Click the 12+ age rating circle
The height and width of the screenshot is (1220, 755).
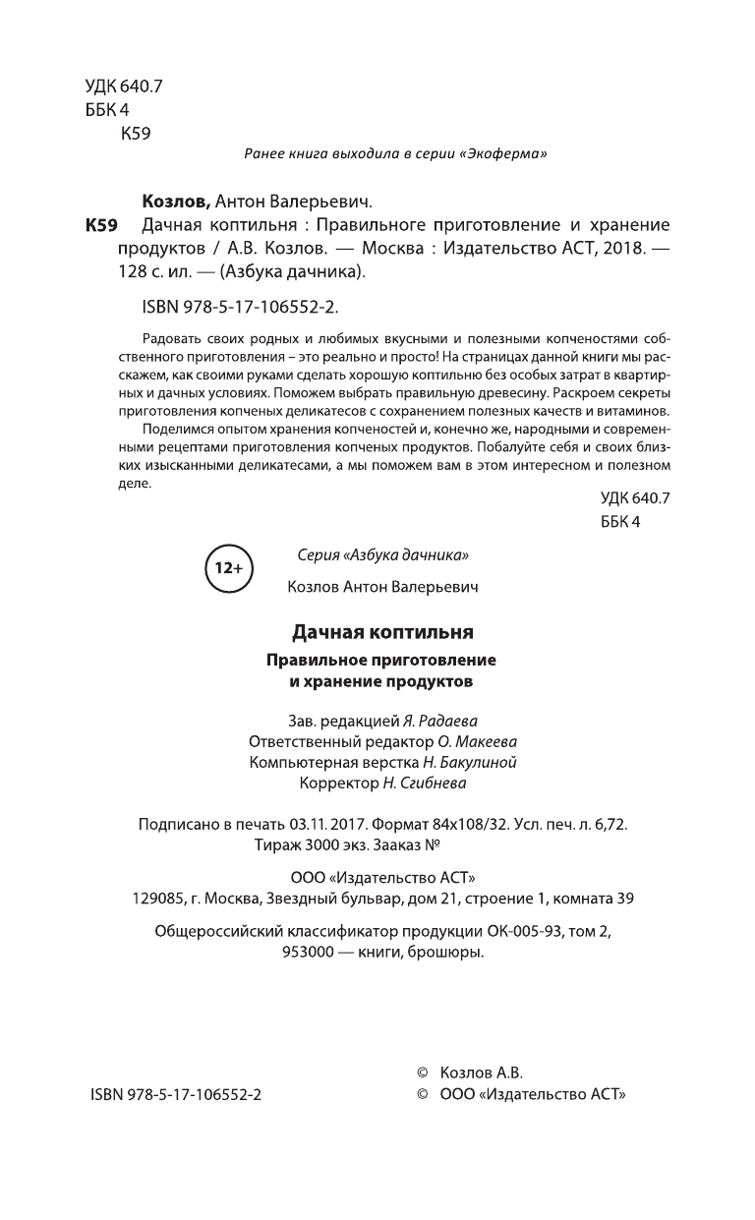coord(229,568)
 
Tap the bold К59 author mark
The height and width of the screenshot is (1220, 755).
coord(101,225)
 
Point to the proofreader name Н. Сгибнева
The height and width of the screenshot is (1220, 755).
coord(429,784)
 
